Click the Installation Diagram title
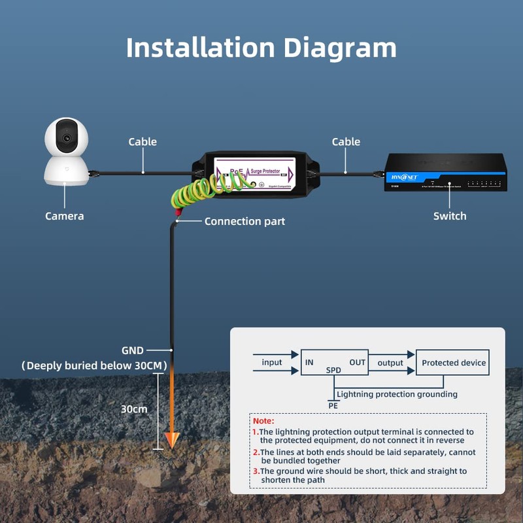point(261,48)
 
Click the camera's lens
point(66,138)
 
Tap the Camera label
point(64,216)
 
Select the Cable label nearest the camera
point(143,142)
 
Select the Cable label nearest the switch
point(346,142)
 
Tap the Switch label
point(450,216)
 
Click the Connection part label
point(245,222)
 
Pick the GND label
point(133,350)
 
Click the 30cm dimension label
point(134,409)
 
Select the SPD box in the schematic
point(334,362)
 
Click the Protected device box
point(453,363)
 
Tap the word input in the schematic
point(272,363)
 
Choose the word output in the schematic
point(390,363)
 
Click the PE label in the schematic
point(333,405)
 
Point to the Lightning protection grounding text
point(396,394)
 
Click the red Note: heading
point(263,421)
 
